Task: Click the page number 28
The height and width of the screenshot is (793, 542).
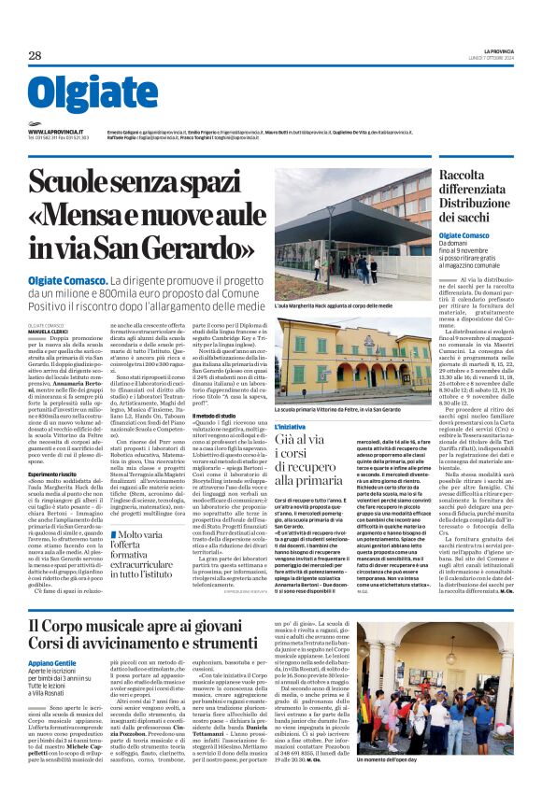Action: point(35,56)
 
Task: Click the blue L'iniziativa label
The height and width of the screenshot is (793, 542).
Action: point(290,426)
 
